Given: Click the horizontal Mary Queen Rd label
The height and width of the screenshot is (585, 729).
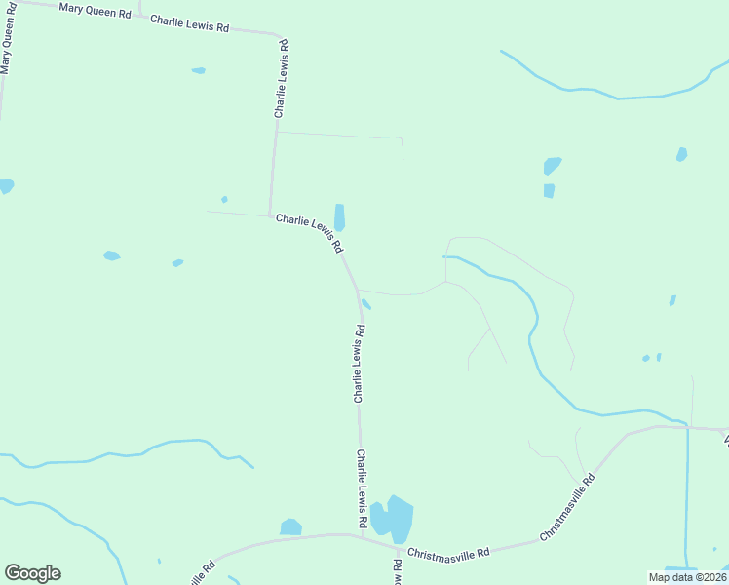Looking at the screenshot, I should click(95, 11).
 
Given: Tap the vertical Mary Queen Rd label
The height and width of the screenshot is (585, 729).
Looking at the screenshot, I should click(10, 39).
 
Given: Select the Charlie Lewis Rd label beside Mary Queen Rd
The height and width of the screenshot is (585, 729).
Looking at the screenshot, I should click(189, 22).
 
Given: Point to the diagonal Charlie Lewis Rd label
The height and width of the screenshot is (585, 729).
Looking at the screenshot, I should click(309, 233).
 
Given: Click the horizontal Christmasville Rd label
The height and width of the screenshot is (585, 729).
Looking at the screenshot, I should click(448, 553).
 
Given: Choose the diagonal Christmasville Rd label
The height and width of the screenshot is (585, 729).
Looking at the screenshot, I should click(567, 508).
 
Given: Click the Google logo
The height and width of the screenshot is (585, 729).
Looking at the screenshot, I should click(32, 573).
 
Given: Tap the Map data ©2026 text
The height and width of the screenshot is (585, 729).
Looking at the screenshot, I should click(686, 577).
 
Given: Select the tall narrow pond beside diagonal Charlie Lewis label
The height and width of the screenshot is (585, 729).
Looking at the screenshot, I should click(339, 216).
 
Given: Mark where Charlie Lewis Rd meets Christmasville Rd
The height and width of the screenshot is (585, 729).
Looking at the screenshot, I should click(363, 535).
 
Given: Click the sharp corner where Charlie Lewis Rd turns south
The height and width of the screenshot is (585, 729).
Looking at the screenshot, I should click(283, 38).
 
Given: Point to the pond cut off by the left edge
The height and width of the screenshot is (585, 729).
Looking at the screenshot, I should click(5, 185).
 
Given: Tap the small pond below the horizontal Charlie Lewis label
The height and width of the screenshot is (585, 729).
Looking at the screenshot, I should click(199, 70).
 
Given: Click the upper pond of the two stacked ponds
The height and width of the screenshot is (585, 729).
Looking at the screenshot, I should click(552, 166).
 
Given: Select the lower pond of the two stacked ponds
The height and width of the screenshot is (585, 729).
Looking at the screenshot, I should click(549, 190).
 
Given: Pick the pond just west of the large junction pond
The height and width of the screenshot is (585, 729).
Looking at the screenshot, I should click(290, 527).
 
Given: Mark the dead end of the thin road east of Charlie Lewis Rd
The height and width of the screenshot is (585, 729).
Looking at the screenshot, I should click(403, 158).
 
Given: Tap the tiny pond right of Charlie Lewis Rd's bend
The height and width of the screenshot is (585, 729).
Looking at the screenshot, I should click(365, 303).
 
